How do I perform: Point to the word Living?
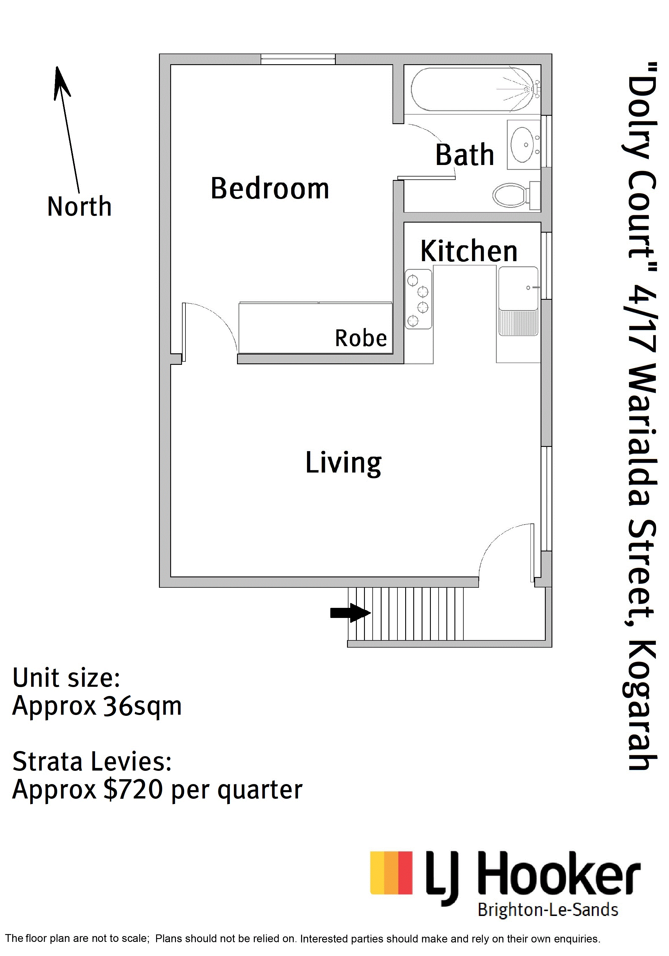coord(344,463)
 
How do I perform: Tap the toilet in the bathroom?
coord(516,195)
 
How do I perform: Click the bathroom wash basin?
coord(524,145)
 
